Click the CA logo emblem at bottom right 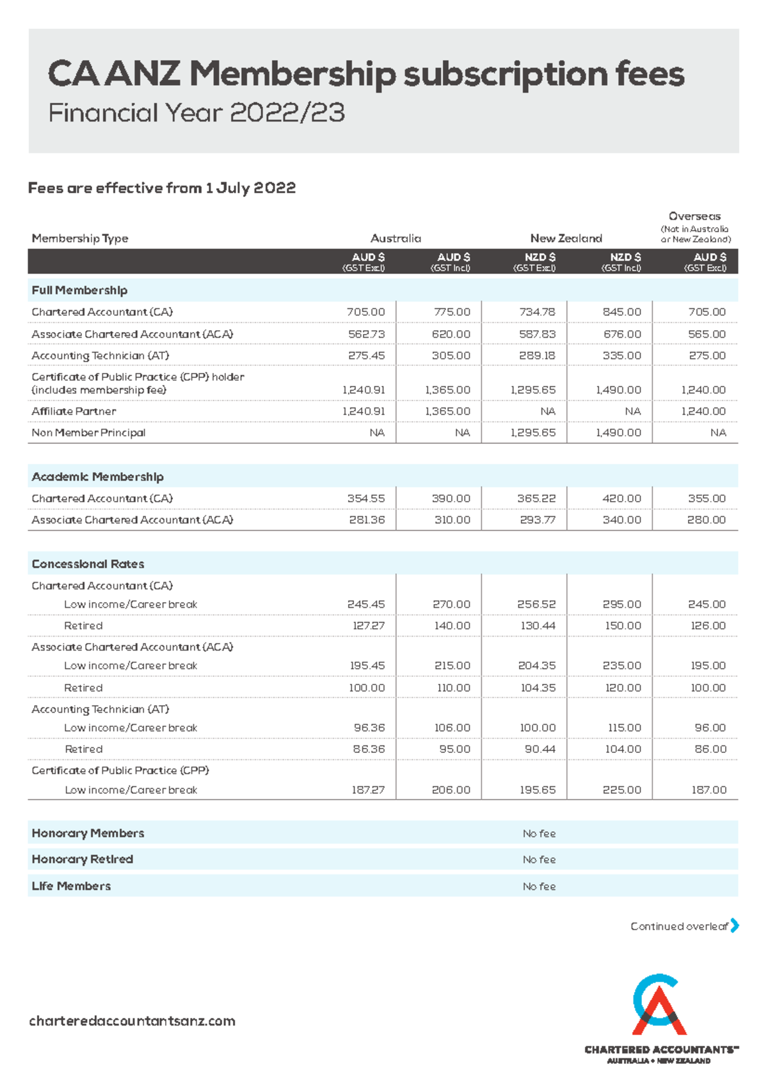659,1005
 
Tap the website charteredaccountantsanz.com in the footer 132,1021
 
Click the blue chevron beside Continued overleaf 735,926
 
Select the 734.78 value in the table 537,312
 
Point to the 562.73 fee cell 366,334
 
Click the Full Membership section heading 79,290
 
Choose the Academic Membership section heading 97,477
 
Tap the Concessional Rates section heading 88,564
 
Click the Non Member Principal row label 88,433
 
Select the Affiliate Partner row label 74,411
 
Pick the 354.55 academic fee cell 366,498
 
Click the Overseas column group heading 694,217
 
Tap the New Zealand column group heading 566,239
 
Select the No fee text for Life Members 539,887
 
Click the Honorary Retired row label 83,859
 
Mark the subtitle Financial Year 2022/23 196,113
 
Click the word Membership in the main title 292,74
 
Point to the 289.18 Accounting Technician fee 537,356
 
